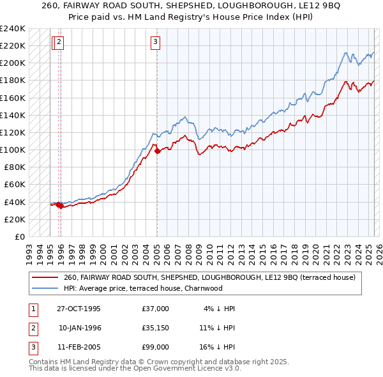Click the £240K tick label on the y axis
tap(12, 29)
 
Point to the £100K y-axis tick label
tap(12, 150)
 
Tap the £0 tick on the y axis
tap(19, 236)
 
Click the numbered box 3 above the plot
tap(155, 43)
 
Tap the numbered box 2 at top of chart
tap(59, 43)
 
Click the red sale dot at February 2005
tap(157, 151)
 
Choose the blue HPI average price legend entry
tap(143, 288)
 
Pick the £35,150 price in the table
tap(156, 328)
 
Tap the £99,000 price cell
tap(156, 347)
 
